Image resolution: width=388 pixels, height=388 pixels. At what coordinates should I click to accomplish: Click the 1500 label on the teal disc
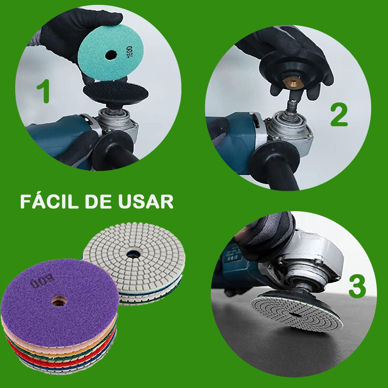130,52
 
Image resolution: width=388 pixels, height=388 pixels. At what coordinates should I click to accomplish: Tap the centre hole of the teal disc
111,55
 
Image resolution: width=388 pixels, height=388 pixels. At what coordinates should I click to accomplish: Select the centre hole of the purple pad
58,302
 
